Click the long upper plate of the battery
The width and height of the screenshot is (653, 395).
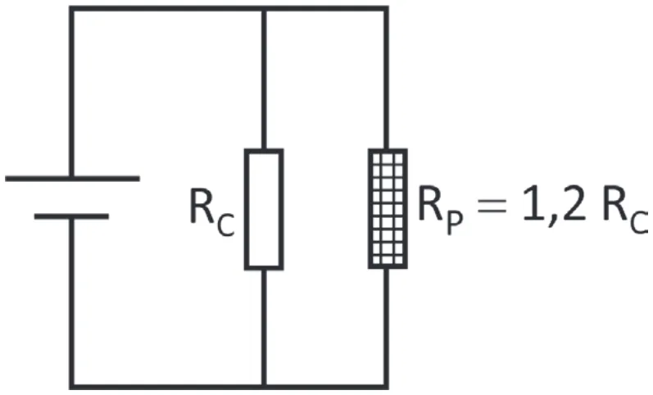click(72, 179)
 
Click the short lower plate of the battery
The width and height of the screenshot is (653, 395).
click(71, 216)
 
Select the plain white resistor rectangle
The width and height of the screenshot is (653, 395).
click(264, 209)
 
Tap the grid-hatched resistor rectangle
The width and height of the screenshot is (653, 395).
click(388, 208)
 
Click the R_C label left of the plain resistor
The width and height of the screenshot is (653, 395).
click(212, 212)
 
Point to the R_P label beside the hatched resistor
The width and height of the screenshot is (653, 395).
click(440, 211)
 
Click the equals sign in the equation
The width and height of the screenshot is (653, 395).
click(492, 206)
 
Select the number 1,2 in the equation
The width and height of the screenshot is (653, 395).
click(555, 205)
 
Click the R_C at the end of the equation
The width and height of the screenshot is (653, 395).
click(625, 210)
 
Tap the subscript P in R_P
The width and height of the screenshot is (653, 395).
click(456, 222)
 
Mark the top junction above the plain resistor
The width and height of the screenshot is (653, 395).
click(264, 9)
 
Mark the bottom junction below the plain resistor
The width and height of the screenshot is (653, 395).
click(264, 387)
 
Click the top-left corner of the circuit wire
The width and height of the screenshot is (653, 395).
click(71, 9)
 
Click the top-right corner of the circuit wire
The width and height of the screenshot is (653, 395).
click(387, 9)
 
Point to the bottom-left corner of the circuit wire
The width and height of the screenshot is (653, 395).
click(71, 387)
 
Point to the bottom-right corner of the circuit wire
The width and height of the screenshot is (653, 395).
click(387, 387)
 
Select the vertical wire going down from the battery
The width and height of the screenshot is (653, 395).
click(71, 302)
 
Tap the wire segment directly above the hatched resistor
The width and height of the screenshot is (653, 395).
click(387, 79)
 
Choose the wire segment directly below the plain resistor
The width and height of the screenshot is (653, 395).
click(264, 329)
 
